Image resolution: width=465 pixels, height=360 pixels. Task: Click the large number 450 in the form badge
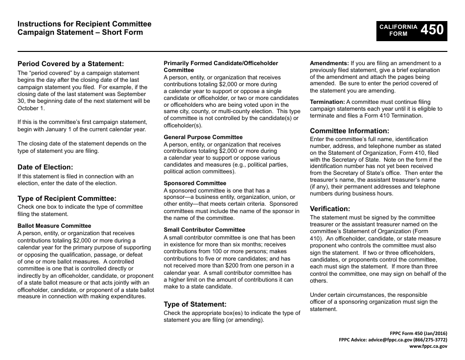(432, 30)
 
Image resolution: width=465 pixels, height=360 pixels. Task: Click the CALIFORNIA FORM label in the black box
(398, 30)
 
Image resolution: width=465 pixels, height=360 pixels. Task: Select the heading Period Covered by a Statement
(71, 64)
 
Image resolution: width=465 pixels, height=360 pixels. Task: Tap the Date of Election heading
(45, 167)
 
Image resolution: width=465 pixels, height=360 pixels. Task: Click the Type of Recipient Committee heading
(67, 198)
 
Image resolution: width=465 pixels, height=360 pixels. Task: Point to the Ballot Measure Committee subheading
(54, 226)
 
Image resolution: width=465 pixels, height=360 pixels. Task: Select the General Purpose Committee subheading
(203, 137)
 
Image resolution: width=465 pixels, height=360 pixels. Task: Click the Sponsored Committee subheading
(195, 183)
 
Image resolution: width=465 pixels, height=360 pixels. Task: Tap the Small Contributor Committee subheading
(205, 230)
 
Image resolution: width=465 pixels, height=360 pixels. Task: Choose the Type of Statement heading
(195, 304)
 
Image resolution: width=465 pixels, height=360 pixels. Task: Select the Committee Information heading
(349, 131)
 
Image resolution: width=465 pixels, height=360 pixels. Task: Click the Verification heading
(330, 209)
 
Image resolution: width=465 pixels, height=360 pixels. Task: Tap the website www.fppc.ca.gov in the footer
(428, 346)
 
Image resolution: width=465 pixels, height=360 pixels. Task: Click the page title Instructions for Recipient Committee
(85, 24)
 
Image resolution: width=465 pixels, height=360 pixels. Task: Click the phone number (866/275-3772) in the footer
(429, 339)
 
